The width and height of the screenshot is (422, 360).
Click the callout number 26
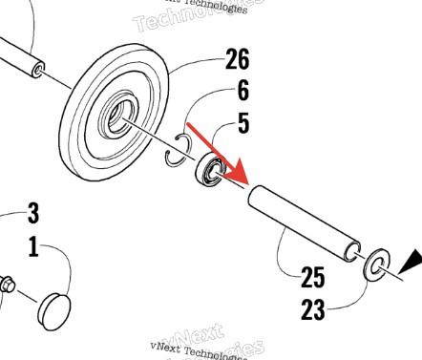(x=236, y=60)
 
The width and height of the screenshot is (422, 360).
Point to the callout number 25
(x=313, y=279)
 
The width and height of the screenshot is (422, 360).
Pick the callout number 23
(x=312, y=309)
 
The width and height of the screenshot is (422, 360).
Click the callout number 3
(x=32, y=211)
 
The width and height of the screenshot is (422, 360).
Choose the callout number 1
(x=33, y=247)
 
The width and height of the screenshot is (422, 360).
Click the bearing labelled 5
(x=210, y=172)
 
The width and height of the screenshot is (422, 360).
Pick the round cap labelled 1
(x=55, y=307)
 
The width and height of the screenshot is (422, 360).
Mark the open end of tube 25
(x=352, y=252)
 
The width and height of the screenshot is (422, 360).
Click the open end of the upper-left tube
(x=39, y=69)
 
